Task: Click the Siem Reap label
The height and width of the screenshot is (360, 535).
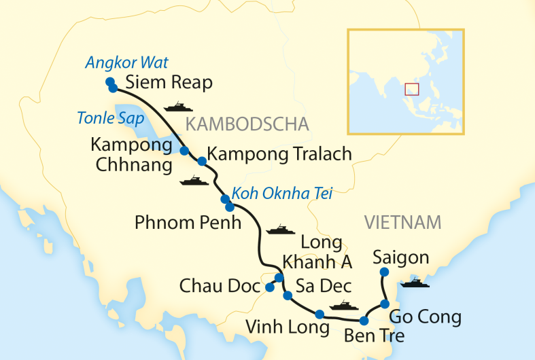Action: [x=169, y=83]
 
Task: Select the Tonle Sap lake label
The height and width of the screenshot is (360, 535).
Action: [x=110, y=118]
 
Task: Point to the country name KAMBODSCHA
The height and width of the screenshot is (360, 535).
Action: [x=247, y=124]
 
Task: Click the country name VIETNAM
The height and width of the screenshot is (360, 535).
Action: [x=402, y=222]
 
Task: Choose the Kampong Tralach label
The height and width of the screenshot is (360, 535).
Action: [x=279, y=154]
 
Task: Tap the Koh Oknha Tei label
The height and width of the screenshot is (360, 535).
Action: [x=282, y=194]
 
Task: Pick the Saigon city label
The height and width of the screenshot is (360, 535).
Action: [x=401, y=257]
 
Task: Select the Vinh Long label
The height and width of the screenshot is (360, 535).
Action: [x=287, y=327]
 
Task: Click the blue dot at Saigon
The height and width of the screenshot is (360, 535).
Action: [x=383, y=272]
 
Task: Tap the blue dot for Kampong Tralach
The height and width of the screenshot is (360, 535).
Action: [x=201, y=161]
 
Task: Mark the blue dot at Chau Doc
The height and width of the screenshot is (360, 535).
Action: [x=269, y=287]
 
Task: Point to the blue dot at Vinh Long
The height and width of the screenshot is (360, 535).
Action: [x=320, y=314]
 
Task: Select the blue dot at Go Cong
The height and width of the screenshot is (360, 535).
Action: [x=384, y=304]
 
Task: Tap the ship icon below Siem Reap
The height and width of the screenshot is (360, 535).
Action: [x=179, y=107]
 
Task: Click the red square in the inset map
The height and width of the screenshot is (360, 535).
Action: [x=411, y=89]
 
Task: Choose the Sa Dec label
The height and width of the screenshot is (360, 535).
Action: [x=324, y=286]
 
